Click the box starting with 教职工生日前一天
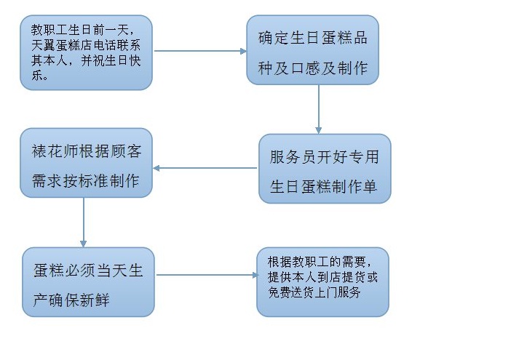coord(86,52)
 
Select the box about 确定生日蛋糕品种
coord(312,49)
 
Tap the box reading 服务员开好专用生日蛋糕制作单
coord(325,169)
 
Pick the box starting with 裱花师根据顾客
coord(86,162)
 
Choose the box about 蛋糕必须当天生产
coord(88,282)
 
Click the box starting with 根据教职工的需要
coord(322,282)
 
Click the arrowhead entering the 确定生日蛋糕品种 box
coord(243,51)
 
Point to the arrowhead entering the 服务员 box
coord(319,130)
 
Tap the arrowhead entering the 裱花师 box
coord(156,168)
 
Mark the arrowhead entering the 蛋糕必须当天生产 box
coord(84,244)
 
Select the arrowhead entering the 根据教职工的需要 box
coord(255,275)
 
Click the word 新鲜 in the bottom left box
coord(95,300)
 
